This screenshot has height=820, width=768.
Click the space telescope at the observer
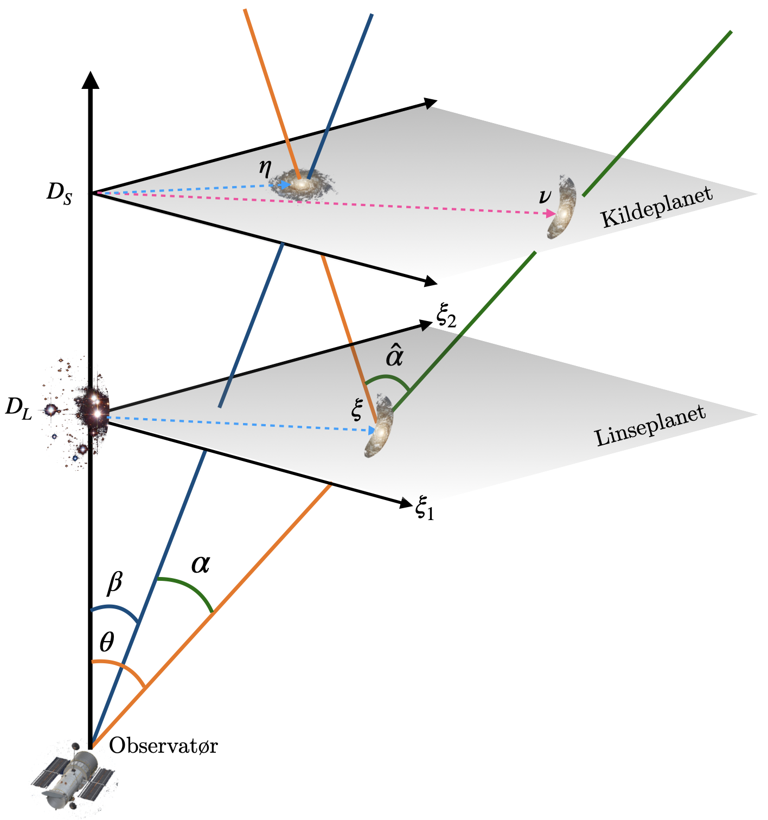[x=73, y=779]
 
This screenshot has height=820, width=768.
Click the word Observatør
[x=163, y=746]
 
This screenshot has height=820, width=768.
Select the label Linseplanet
[x=650, y=426]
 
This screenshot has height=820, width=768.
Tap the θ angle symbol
[x=107, y=643]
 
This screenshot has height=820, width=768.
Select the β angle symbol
[x=115, y=582]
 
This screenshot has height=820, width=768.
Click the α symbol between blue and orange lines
[x=200, y=565]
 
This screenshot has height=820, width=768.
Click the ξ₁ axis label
[x=425, y=509]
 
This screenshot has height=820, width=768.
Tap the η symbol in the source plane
[x=265, y=168]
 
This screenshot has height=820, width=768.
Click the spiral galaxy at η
[x=303, y=185]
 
